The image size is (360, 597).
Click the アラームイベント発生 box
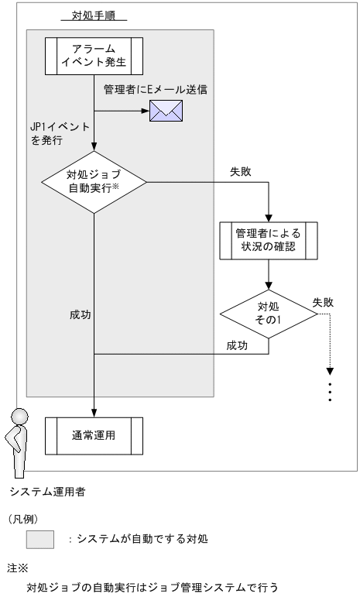[93, 57]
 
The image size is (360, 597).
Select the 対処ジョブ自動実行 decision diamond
[93, 184]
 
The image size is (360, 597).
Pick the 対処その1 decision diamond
[268, 313]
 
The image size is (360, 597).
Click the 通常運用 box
[93, 435]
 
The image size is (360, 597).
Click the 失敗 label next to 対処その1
[324, 302]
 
